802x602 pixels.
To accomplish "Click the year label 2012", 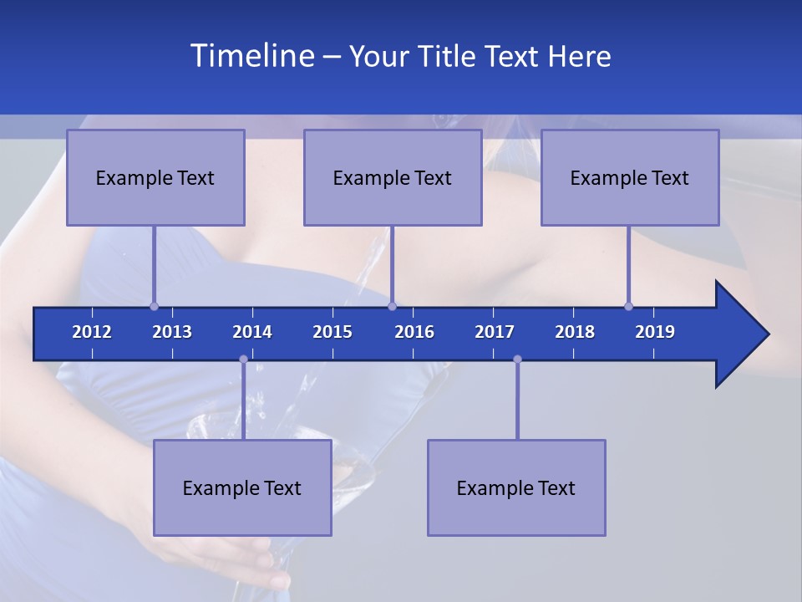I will [x=92, y=332].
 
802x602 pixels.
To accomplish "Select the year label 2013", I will [x=172, y=332].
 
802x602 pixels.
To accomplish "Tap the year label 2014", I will [x=252, y=332].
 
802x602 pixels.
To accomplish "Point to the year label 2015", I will [x=332, y=332].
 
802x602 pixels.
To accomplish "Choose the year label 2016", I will [x=414, y=332].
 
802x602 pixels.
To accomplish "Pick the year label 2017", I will [x=495, y=332].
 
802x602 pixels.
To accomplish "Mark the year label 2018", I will [x=575, y=332].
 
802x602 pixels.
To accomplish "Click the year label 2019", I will [x=655, y=332].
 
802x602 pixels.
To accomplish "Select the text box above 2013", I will [x=155, y=177].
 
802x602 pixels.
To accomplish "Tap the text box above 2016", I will [x=393, y=177].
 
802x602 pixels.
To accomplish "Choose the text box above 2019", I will [x=630, y=177].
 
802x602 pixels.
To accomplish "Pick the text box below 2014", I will [x=242, y=487].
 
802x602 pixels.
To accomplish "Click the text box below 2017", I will [x=516, y=487].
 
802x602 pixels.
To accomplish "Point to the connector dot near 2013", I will [x=154, y=306].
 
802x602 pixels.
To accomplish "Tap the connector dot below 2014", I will [x=243, y=360].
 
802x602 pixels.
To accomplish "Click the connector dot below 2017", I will [x=517, y=360].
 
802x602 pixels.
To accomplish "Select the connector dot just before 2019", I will [x=628, y=306].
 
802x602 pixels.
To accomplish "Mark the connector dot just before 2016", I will [x=392, y=306].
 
